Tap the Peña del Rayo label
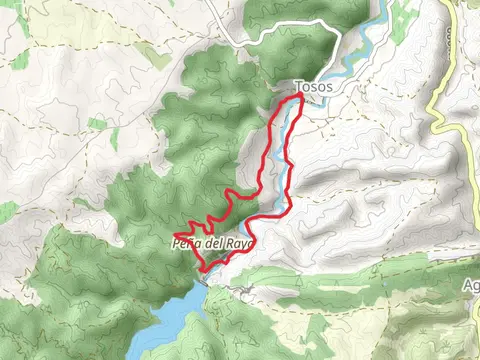coord(215,243)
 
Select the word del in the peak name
coord(213,243)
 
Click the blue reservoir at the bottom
coord(175,320)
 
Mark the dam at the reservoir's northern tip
coord(204,284)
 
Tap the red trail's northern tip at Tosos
coord(299,99)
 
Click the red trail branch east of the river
coord(288,170)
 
